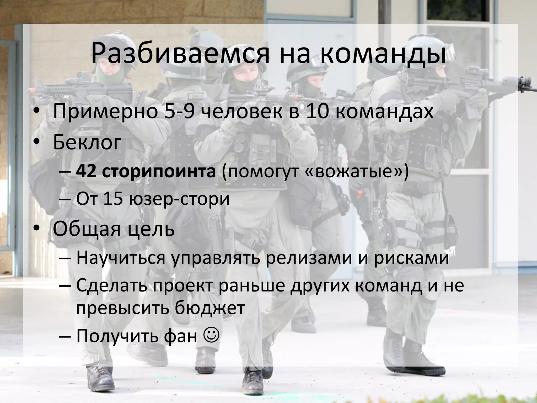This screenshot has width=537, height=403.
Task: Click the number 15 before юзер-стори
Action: (x=113, y=199)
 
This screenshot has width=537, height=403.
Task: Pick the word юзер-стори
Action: (x=179, y=199)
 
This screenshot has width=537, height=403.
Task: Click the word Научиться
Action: (x=121, y=258)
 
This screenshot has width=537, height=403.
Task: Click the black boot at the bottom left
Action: (x=101, y=378)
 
